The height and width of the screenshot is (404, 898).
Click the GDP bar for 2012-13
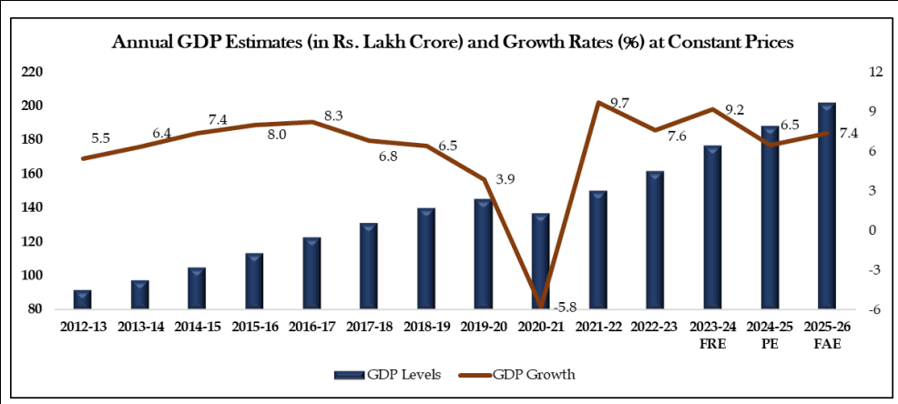(x=83, y=300)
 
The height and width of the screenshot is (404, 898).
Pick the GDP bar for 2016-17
(x=311, y=274)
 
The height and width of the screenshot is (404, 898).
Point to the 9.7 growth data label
(x=619, y=104)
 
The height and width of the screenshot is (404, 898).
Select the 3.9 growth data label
(x=505, y=179)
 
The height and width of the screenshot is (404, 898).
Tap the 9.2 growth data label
(x=760, y=111)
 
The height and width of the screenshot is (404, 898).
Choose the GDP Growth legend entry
(x=533, y=374)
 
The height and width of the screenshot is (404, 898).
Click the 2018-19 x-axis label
(x=426, y=326)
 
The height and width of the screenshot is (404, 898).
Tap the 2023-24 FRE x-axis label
(x=712, y=333)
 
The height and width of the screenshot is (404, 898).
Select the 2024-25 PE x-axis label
(x=770, y=333)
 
